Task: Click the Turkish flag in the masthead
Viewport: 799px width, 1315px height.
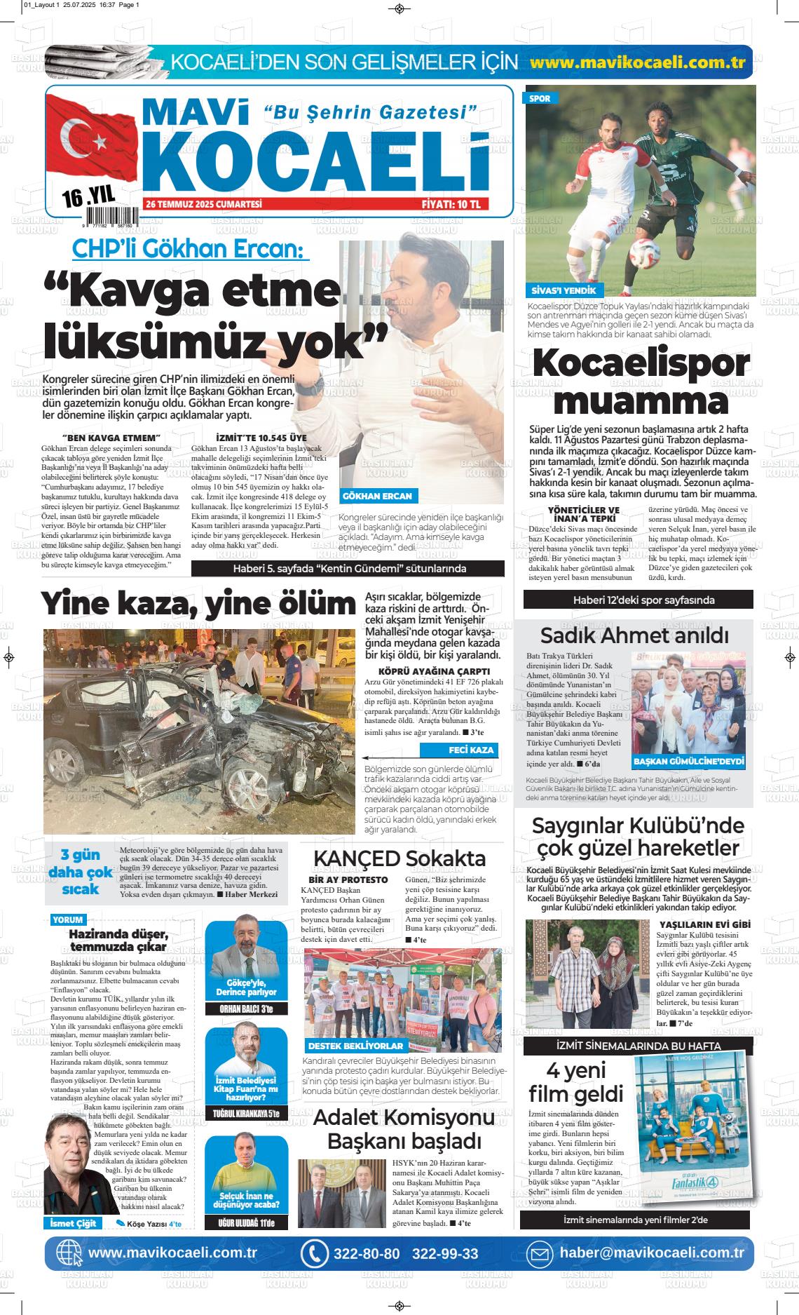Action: tap(91, 147)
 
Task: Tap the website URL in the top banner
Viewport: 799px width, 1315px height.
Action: tap(637, 62)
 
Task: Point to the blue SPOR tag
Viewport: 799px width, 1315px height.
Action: tap(540, 99)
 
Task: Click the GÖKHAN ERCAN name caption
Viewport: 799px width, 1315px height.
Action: tap(377, 496)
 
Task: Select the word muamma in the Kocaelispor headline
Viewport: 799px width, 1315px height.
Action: tap(645, 402)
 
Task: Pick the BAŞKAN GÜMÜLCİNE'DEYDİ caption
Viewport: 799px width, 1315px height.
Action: tap(688, 762)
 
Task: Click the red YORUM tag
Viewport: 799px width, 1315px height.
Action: tap(67, 919)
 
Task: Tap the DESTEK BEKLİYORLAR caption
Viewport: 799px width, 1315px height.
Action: tap(355, 1046)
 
